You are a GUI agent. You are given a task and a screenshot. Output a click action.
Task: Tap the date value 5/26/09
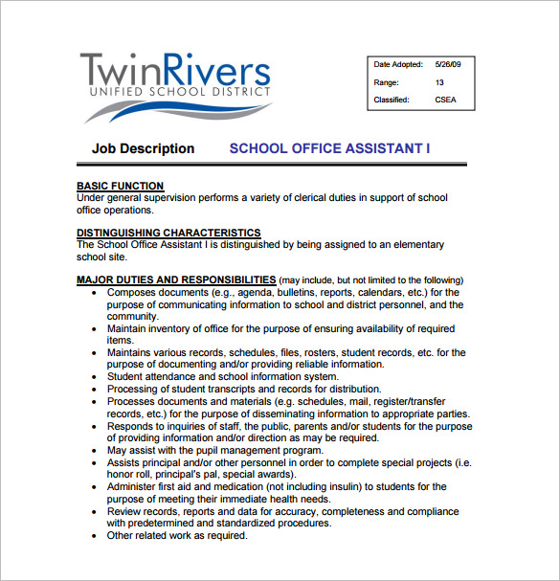[x=447, y=65]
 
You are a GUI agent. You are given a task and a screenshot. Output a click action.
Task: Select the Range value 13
[x=439, y=82]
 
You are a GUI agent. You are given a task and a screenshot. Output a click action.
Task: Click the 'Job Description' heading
[x=143, y=148]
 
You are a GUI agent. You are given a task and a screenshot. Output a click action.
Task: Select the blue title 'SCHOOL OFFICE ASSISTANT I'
[x=329, y=148]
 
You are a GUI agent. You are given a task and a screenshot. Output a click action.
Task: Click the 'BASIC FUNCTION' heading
[x=120, y=186]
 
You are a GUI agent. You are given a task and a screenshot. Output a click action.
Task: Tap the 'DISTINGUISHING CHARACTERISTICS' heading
[x=168, y=233]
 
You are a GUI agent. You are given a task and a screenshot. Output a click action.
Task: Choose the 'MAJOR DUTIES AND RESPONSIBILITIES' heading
[x=175, y=279]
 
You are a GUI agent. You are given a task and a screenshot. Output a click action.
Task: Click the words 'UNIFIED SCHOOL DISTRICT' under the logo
[x=175, y=93]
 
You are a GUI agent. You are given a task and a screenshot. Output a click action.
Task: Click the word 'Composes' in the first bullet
[x=132, y=292]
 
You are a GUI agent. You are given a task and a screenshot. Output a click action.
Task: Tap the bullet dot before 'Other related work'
[x=93, y=536]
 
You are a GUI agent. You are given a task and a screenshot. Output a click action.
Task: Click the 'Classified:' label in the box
[x=392, y=100]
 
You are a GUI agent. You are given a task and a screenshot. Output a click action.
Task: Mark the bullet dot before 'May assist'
[x=93, y=450]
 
